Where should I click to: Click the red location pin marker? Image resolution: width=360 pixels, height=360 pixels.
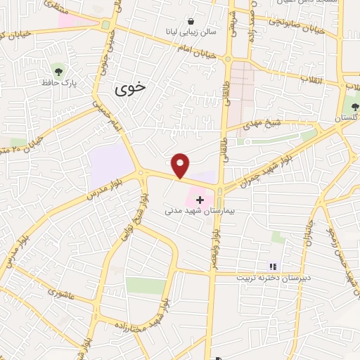181,165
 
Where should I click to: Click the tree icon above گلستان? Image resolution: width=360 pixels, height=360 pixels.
354,107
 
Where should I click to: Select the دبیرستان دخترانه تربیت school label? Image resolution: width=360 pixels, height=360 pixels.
270,277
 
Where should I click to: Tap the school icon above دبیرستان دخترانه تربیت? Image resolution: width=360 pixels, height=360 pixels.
272,266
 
